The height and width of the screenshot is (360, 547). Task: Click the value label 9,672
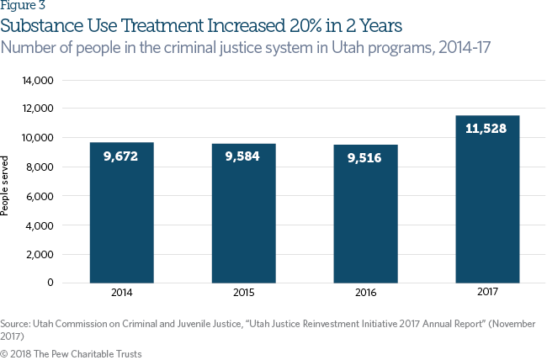click(x=121, y=156)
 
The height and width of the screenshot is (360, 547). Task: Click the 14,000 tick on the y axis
click(x=37, y=81)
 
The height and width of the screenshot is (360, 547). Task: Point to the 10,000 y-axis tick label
click(x=37, y=138)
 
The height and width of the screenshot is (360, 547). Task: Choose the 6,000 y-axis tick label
click(x=40, y=196)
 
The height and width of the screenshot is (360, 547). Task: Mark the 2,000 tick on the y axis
click(x=40, y=254)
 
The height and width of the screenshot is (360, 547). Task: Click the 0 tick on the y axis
click(x=50, y=283)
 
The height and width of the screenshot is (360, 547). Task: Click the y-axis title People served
click(x=8, y=185)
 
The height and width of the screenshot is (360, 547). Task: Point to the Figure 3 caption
click(x=23, y=6)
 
